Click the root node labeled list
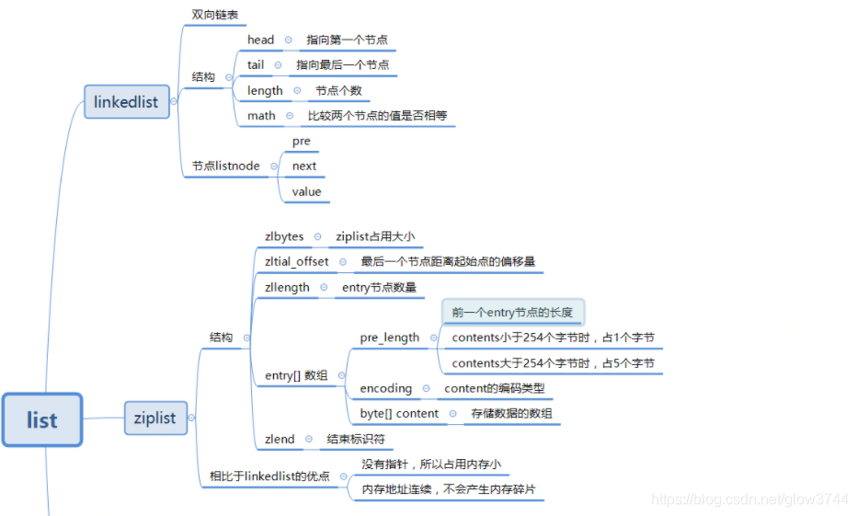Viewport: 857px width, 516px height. pyautogui.click(x=42, y=420)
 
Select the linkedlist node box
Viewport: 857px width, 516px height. pyautogui.click(x=127, y=102)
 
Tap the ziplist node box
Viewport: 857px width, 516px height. pyautogui.click(x=155, y=418)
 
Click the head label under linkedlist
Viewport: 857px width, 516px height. pyautogui.click(x=261, y=40)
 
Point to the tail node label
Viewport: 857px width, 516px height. pyautogui.click(x=256, y=65)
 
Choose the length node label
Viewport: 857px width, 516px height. pyautogui.click(x=265, y=90)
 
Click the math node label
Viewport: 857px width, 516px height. pyautogui.click(x=261, y=116)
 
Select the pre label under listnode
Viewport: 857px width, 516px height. pyautogui.click(x=302, y=141)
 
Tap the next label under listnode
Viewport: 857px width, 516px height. pyautogui.click(x=304, y=166)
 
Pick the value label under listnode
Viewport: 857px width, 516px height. pyautogui.click(x=307, y=191)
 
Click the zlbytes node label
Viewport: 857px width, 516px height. pyautogui.click(x=284, y=236)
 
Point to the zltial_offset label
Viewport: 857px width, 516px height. pyautogui.click(x=297, y=262)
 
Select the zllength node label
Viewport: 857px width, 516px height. pyautogui.click(x=287, y=288)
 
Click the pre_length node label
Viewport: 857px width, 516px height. pyautogui.click(x=390, y=338)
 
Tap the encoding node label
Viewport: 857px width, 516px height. pyautogui.click(x=386, y=388)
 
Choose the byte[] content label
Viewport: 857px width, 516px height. pyautogui.click(x=399, y=414)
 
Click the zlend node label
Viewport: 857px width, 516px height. pyautogui.click(x=280, y=439)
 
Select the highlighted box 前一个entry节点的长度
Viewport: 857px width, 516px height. pyautogui.click(x=512, y=313)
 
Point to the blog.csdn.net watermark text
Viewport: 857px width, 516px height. pyautogui.click(x=749, y=499)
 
